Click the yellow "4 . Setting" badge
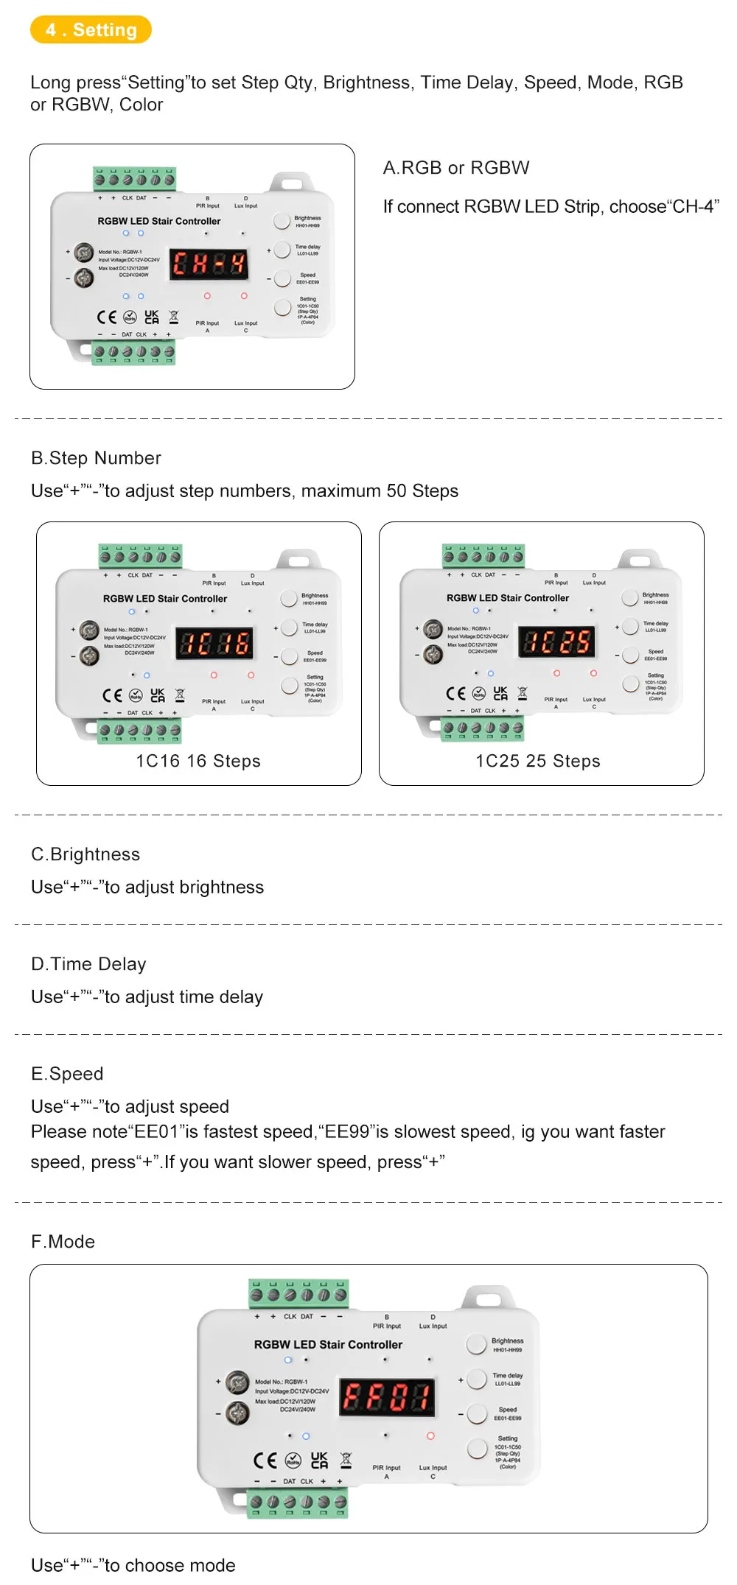click(91, 30)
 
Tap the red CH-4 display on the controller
click(209, 264)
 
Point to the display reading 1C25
click(557, 642)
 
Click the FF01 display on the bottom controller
click(387, 1396)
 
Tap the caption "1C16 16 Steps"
click(198, 761)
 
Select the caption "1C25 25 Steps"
click(538, 761)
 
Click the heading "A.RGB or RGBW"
click(456, 168)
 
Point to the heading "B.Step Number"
click(96, 458)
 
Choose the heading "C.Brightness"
click(85, 854)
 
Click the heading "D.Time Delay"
click(88, 964)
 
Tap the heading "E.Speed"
click(67, 1074)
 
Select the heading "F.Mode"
click(63, 1242)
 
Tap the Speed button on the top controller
click(282, 278)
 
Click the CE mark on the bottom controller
click(265, 1461)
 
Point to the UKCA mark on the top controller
click(152, 317)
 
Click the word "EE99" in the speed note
click(347, 1132)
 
